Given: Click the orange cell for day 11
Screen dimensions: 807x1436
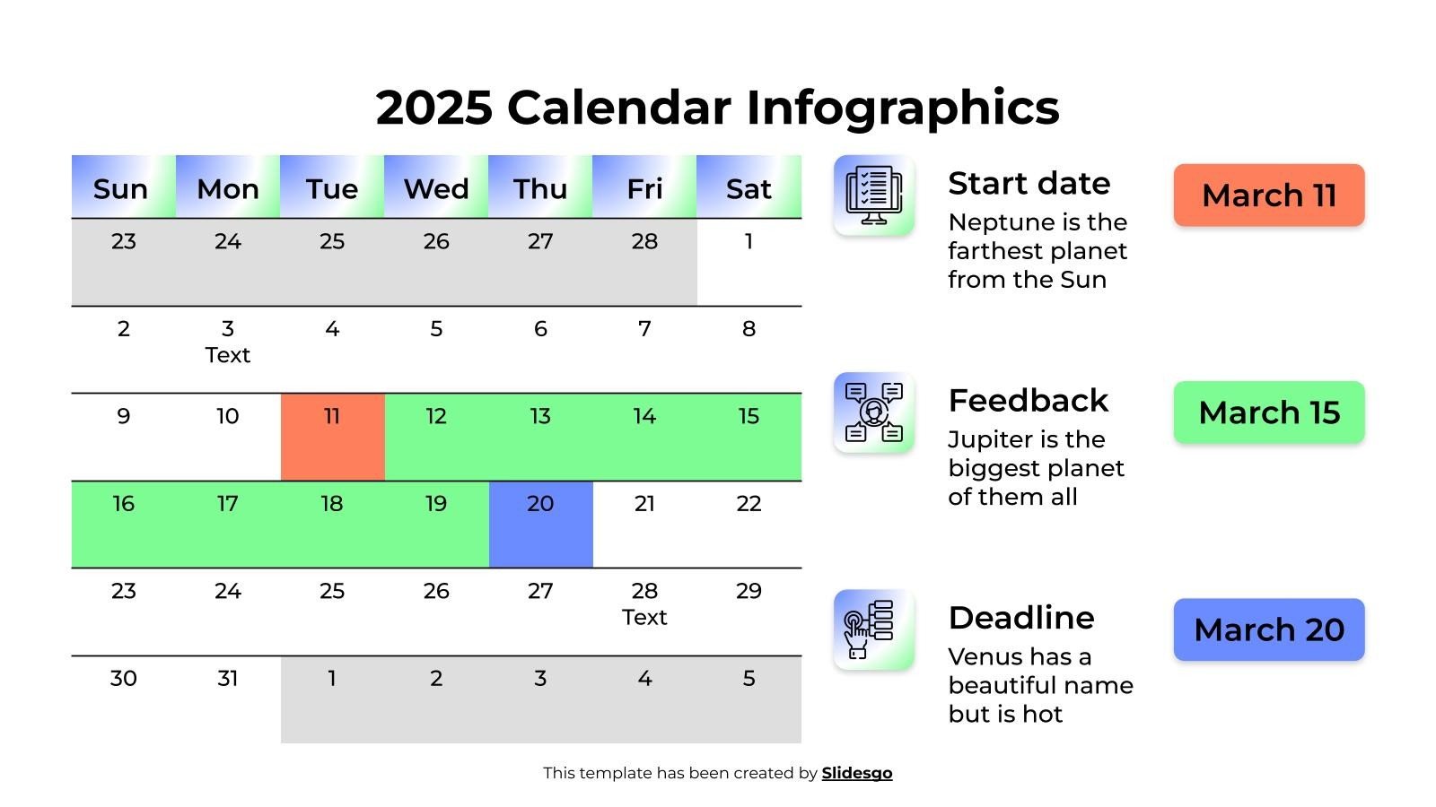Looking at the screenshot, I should [x=332, y=437].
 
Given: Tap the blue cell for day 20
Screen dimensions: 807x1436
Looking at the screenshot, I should [x=540, y=525].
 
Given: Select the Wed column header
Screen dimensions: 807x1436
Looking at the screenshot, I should [x=436, y=187].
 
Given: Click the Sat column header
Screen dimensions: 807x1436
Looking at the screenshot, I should [x=749, y=187].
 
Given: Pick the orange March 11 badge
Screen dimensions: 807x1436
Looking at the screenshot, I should [x=1268, y=195].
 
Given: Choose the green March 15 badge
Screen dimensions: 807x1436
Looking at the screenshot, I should [x=1268, y=412].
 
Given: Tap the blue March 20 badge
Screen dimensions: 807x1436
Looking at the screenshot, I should [x=1268, y=629].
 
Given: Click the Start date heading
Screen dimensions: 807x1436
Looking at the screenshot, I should [x=1029, y=183].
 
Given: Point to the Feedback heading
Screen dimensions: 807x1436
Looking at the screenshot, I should [x=1028, y=400].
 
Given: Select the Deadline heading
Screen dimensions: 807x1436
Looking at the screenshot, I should [x=1021, y=618].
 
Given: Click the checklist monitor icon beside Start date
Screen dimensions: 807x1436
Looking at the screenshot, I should [x=873, y=195].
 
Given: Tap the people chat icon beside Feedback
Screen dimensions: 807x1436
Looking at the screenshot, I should [x=873, y=412].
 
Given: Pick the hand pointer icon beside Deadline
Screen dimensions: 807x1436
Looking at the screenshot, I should [x=873, y=629].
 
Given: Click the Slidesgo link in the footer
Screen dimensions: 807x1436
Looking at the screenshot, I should [x=856, y=773].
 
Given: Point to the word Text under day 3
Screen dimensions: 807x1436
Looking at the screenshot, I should [x=227, y=355].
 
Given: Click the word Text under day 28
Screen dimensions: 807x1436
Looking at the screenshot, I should [x=644, y=617].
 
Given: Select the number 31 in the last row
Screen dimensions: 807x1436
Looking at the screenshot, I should [x=227, y=679].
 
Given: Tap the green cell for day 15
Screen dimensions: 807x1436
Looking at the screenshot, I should [x=749, y=437].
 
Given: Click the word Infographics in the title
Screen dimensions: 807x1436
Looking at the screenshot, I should [x=902, y=108].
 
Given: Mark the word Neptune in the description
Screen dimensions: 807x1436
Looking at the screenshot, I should [x=990, y=222].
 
